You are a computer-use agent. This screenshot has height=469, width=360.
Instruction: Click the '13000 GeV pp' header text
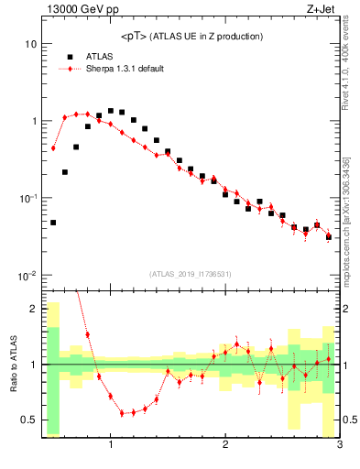[78, 10]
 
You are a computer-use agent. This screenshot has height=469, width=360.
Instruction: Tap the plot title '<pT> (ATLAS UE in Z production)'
[191, 37]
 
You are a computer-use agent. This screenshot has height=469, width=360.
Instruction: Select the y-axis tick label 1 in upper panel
[33, 121]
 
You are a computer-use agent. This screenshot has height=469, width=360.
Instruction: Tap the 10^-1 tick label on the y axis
[27, 198]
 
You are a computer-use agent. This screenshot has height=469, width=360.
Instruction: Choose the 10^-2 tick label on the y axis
[27, 275]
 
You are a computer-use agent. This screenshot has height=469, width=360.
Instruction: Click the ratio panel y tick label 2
[33, 309]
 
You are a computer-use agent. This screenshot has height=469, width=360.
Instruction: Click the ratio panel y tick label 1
[33, 365]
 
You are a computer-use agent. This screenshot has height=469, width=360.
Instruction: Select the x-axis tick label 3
[339, 445]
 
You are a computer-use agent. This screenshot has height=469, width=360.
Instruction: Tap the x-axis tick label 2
[225, 445]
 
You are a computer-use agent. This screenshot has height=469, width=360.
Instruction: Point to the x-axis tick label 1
[111, 445]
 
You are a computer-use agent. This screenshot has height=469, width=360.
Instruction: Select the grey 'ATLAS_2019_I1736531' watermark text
[191, 274]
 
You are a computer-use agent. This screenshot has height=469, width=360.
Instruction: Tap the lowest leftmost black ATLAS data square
[53, 223]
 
